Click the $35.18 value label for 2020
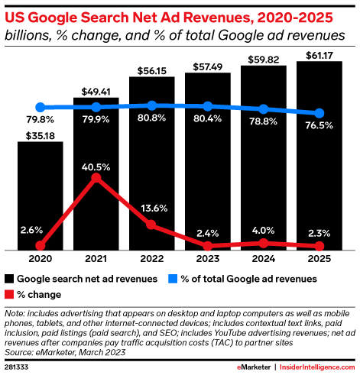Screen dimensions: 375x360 [40, 135]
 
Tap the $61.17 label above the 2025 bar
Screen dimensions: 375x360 [319, 55]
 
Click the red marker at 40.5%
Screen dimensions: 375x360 [96, 178]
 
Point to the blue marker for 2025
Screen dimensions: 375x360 [319, 113]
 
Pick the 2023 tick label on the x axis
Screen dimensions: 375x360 [207, 259]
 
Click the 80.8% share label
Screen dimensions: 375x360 [151, 119]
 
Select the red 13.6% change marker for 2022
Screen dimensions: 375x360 [151, 225]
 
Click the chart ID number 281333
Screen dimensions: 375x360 [17, 367]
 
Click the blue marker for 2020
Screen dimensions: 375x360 [40, 108]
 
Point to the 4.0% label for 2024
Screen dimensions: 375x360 [262, 230]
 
